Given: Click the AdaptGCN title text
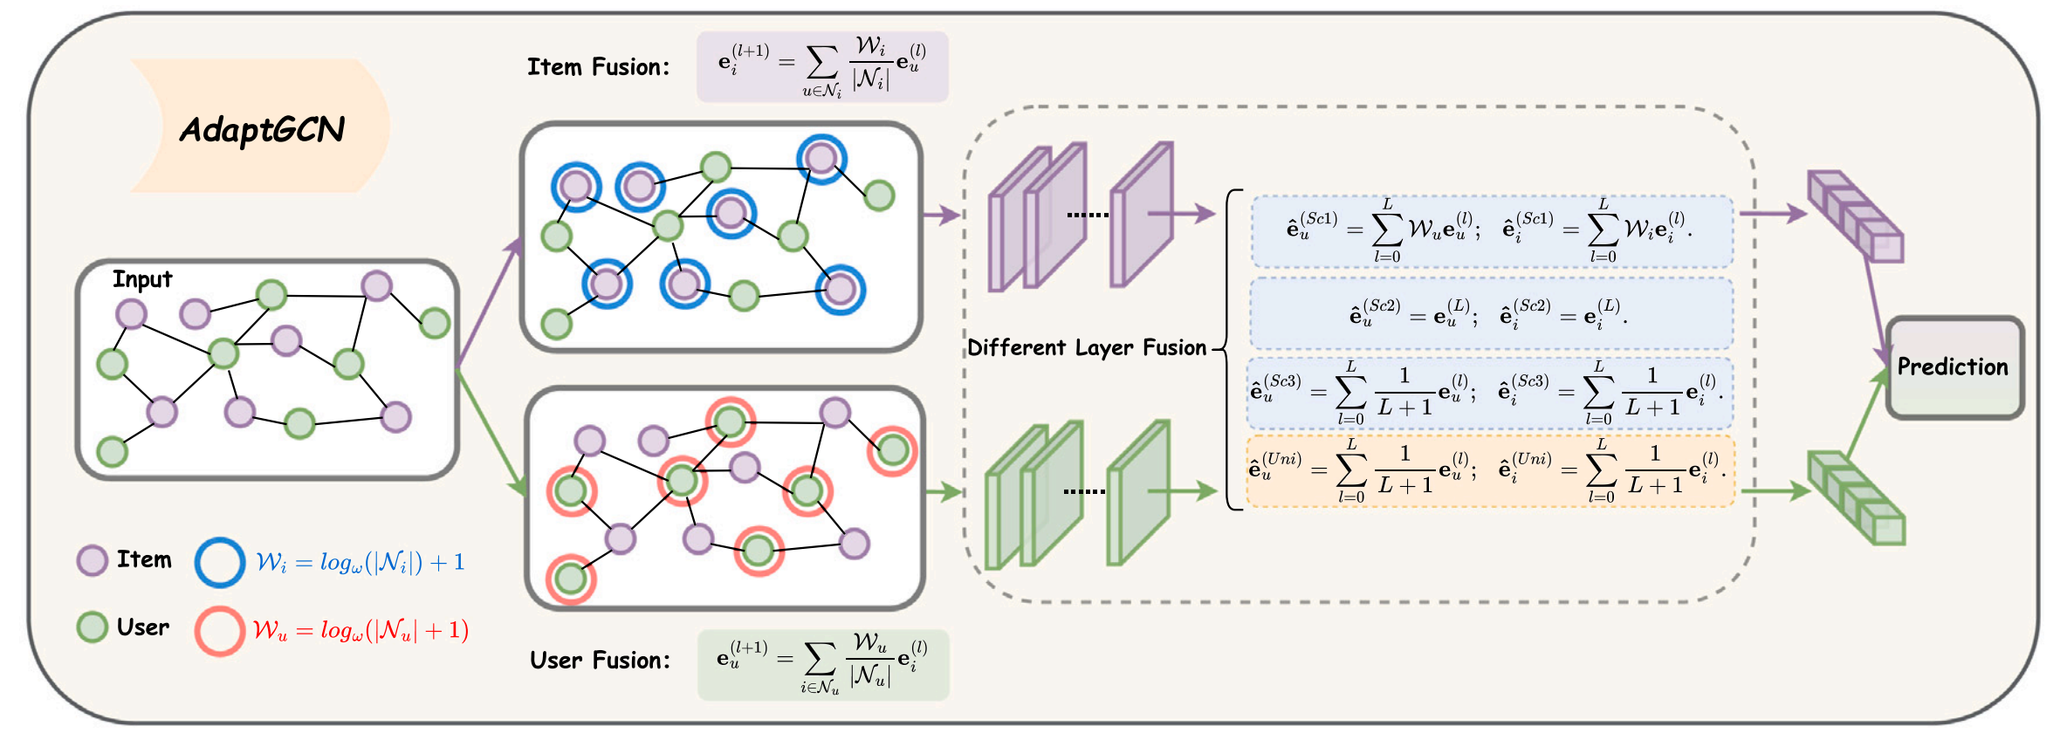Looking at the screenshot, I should click(x=262, y=130).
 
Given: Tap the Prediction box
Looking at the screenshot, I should click(x=1954, y=367).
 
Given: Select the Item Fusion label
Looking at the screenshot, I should click(x=598, y=67).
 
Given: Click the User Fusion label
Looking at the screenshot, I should click(x=600, y=660).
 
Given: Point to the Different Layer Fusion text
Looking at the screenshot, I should click(x=1087, y=347).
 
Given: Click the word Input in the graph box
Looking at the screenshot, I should click(x=142, y=279).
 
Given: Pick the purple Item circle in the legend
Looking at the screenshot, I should click(x=93, y=560).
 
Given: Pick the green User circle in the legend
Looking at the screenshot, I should click(x=93, y=627).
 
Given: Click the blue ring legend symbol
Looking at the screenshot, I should click(x=219, y=562).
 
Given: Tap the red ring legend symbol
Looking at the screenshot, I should click(x=219, y=631).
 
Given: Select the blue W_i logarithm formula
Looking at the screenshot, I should click(x=361, y=562).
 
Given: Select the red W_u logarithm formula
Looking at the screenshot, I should click(x=361, y=630).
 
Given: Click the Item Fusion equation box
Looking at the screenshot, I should click(x=821, y=67).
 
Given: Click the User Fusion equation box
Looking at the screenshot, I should click(x=822, y=664).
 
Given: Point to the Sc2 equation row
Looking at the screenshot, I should click(x=1491, y=313).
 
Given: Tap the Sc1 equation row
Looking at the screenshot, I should click(x=1491, y=231).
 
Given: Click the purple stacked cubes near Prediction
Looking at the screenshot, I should click(x=1856, y=216).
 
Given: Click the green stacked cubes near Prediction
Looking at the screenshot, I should click(x=1856, y=497).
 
